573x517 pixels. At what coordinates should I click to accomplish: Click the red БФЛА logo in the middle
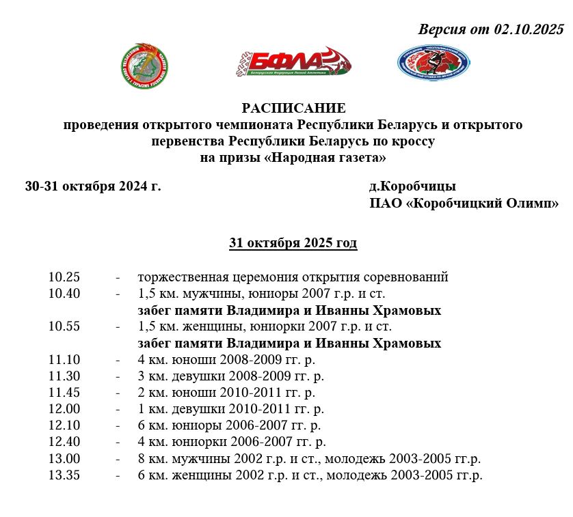point(295,64)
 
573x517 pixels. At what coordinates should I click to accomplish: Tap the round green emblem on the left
point(145,66)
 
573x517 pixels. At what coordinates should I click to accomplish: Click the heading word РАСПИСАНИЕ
point(293,109)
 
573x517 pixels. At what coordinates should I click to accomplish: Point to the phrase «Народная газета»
point(325,158)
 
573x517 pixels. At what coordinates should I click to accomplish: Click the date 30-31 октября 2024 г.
point(93,186)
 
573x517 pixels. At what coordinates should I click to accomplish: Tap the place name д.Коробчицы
point(412,186)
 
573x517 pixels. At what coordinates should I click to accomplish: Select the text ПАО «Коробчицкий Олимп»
point(464,204)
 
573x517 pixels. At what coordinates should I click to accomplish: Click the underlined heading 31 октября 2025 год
point(293,243)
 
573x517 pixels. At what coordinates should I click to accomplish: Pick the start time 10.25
point(64,277)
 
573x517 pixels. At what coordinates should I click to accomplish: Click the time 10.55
point(64,326)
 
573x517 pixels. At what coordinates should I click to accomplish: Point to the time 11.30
point(64,376)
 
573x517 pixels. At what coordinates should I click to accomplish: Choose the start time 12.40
point(64,441)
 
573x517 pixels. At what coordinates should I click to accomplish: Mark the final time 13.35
point(64,475)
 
